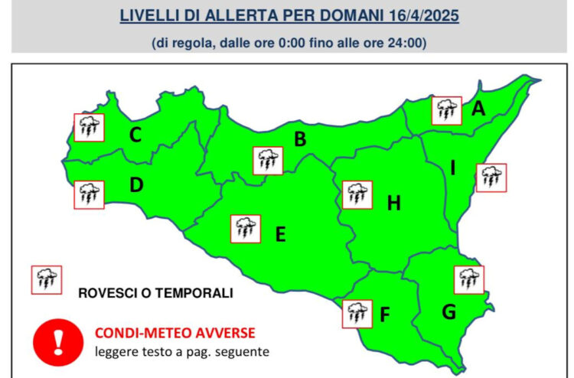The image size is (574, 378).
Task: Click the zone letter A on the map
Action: tap(478, 110)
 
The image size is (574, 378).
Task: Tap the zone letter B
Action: tap(301, 139)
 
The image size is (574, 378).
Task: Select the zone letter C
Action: tap(135, 135)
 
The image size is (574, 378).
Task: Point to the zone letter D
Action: tap(136, 185)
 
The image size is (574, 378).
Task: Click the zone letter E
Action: tap(280, 234)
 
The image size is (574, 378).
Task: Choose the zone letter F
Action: tap(385, 314)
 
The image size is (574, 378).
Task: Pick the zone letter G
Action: tap(449, 312)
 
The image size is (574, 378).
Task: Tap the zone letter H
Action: tap(393, 204)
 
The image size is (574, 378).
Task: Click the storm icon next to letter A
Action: tap(446, 111)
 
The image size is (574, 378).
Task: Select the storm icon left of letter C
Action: tap(89, 128)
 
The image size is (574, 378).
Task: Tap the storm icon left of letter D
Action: tap(89, 194)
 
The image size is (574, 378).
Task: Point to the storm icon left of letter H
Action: tap(357, 195)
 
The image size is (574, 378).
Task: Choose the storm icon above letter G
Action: tap(468, 279)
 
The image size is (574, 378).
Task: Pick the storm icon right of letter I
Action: tap(491, 178)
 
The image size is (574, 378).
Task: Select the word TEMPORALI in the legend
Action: tap(197, 292)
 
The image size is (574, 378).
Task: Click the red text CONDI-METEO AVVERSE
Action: tap(174, 333)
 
